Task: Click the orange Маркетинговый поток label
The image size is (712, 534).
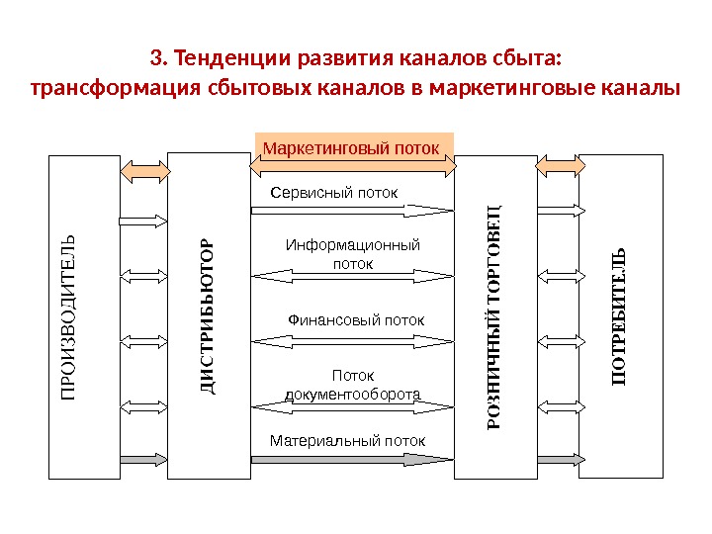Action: (x=353, y=147)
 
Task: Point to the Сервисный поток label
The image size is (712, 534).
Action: (x=334, y=192)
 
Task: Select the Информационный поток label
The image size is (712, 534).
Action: (x=353, y=254)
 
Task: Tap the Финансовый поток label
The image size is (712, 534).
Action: (x=355, y=320)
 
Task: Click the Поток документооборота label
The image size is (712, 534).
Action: (x=353, y=385)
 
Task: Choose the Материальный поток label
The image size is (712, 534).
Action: (x=347, y=440)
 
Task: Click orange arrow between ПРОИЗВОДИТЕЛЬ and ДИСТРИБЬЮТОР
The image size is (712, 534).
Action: (x=144, y=169)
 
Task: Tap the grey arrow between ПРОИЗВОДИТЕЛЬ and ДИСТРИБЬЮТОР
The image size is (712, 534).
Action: (x=144, y=459)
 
